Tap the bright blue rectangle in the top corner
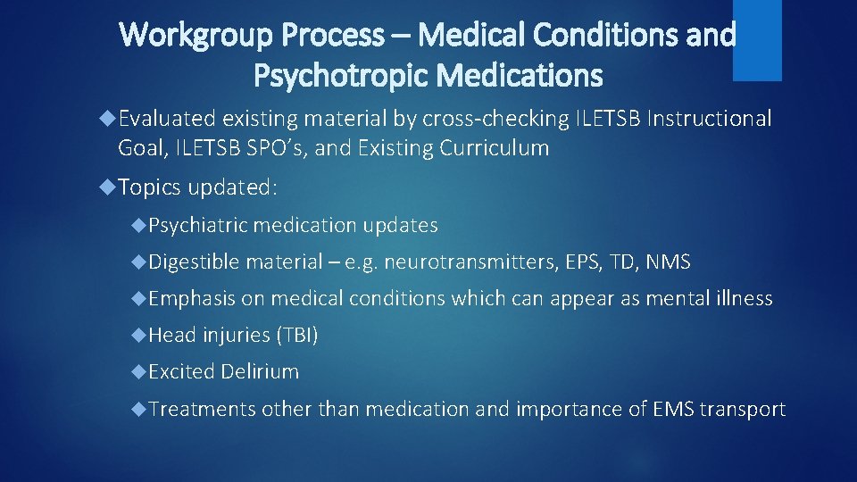click(757, 39)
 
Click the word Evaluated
click(168, 119)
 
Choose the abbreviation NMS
click(669, 262)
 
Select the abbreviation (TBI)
click(296, 335)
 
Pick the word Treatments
click(202, 409)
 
